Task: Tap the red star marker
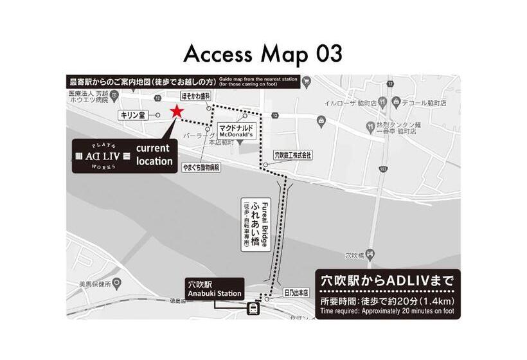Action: click(x=175, y=112)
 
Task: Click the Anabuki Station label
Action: click(x=213, y=288)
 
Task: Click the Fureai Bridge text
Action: click(x=263, y=222)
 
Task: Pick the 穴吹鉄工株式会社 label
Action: click(x=293, y=155)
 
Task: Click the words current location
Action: click(x=154, y=155)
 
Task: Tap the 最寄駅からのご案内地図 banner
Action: click(x=142, y=82)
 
